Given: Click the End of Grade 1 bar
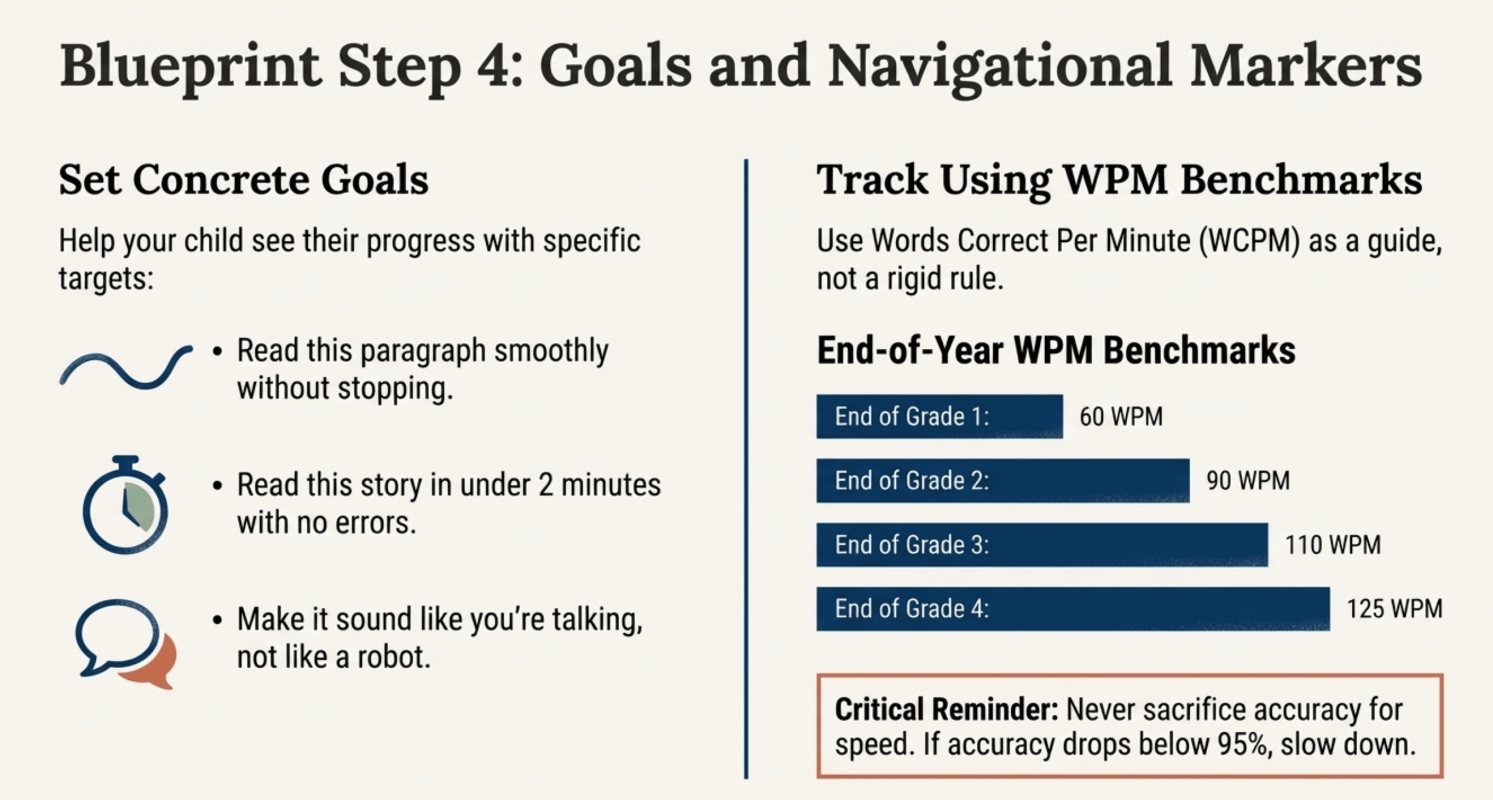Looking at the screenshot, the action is click(939, 416).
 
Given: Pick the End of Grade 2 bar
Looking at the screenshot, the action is click(1003, 480).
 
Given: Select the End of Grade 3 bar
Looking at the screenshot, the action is click(1042, 545).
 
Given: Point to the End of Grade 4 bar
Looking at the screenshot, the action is click(1073, 609).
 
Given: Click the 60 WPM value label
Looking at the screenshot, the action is click(1121, 417).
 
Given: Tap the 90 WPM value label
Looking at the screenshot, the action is click(1248, 481).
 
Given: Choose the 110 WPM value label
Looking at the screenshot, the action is click(1333, 545).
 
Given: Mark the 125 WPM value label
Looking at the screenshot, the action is click(1394, 609).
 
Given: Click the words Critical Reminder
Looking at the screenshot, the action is click(946, 710).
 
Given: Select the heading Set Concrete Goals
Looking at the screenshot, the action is click(244, 180).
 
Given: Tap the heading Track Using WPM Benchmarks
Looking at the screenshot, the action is click(1119, 180).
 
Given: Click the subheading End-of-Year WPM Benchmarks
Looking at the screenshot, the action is click(1056, 350).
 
